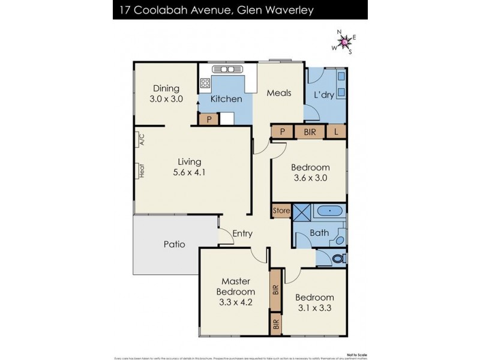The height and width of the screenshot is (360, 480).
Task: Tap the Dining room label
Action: click(x=166, y=89)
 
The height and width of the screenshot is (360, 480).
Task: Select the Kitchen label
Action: click(x=226, y=99)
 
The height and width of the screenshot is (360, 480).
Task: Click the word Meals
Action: click(x=279, y=93)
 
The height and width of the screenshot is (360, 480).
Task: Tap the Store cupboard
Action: click(x=281, y=211)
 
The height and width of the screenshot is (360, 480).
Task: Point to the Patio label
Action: click(x=174, y=244)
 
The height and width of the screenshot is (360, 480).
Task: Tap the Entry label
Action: click(x=242, y=234)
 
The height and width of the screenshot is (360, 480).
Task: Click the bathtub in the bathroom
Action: click(x=329, y=211)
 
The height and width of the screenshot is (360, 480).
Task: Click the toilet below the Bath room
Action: click(x=338, y=259)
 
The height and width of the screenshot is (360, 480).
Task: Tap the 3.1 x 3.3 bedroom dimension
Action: click(x=314, y=308)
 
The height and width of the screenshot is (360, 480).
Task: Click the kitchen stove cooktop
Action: click(x=206, y=84)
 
